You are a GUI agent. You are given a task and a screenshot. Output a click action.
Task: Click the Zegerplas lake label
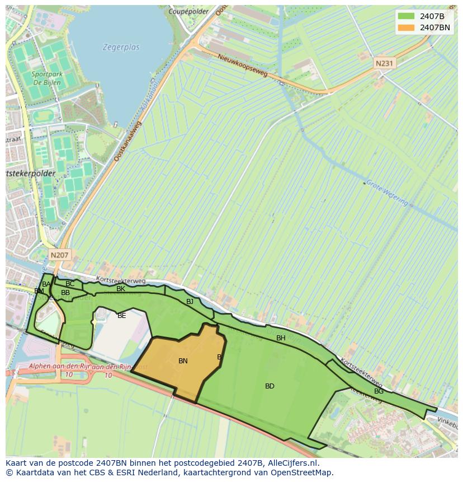[121, 48]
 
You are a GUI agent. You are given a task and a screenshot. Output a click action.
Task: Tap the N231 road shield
[384, 64]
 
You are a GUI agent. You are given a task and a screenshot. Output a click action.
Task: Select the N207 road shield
[59, 255]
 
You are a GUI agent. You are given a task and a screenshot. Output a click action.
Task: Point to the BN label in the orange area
[183, 361]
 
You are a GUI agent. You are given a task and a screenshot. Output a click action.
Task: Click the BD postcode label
[270, 386]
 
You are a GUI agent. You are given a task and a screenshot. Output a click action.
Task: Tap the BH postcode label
[281, 338]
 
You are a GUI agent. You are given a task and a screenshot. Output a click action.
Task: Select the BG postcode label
[379, 391]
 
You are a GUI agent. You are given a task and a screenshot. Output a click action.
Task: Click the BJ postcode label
[190, 302]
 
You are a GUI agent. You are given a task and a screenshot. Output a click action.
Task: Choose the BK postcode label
[121, 289]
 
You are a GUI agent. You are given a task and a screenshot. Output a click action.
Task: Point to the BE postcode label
[121, 316]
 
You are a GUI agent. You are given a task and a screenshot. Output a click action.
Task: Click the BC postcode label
[70, 284]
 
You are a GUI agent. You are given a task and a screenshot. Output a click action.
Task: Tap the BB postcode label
[65, 293]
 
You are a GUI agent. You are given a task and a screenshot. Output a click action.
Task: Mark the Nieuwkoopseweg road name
[242, 65]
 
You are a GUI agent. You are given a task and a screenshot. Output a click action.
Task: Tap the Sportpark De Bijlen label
[46, 78]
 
